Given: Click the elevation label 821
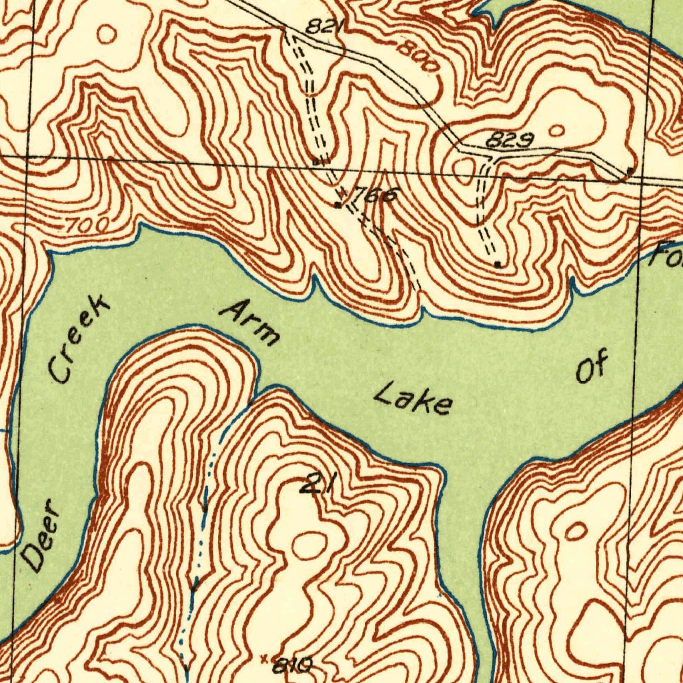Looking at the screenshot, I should tap(325, 27).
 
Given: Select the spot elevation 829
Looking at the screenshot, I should tap(509, 140).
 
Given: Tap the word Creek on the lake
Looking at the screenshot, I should tap(79, 340).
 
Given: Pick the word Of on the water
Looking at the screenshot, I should tap(592, 368).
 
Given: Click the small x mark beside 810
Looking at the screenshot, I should tap(265, 659).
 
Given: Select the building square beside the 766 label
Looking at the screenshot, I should tap(339, 205).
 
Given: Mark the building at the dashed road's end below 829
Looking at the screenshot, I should tap(498, 264).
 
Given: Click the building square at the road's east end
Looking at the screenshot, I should tap(630, 171).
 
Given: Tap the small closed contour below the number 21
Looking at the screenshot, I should tap(309, 546).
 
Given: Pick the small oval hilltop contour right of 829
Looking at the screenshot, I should tap(557, 129).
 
